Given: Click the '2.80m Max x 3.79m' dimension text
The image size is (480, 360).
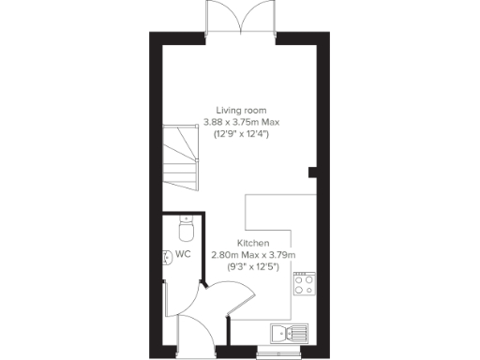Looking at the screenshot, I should point(253,254).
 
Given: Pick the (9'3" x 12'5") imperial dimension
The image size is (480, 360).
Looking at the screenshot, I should point(253,266).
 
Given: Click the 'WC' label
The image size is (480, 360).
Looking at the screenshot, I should point(183,254).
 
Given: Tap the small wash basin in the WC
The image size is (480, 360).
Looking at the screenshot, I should point(167,254).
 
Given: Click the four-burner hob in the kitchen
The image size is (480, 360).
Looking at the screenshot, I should point(305,284).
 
